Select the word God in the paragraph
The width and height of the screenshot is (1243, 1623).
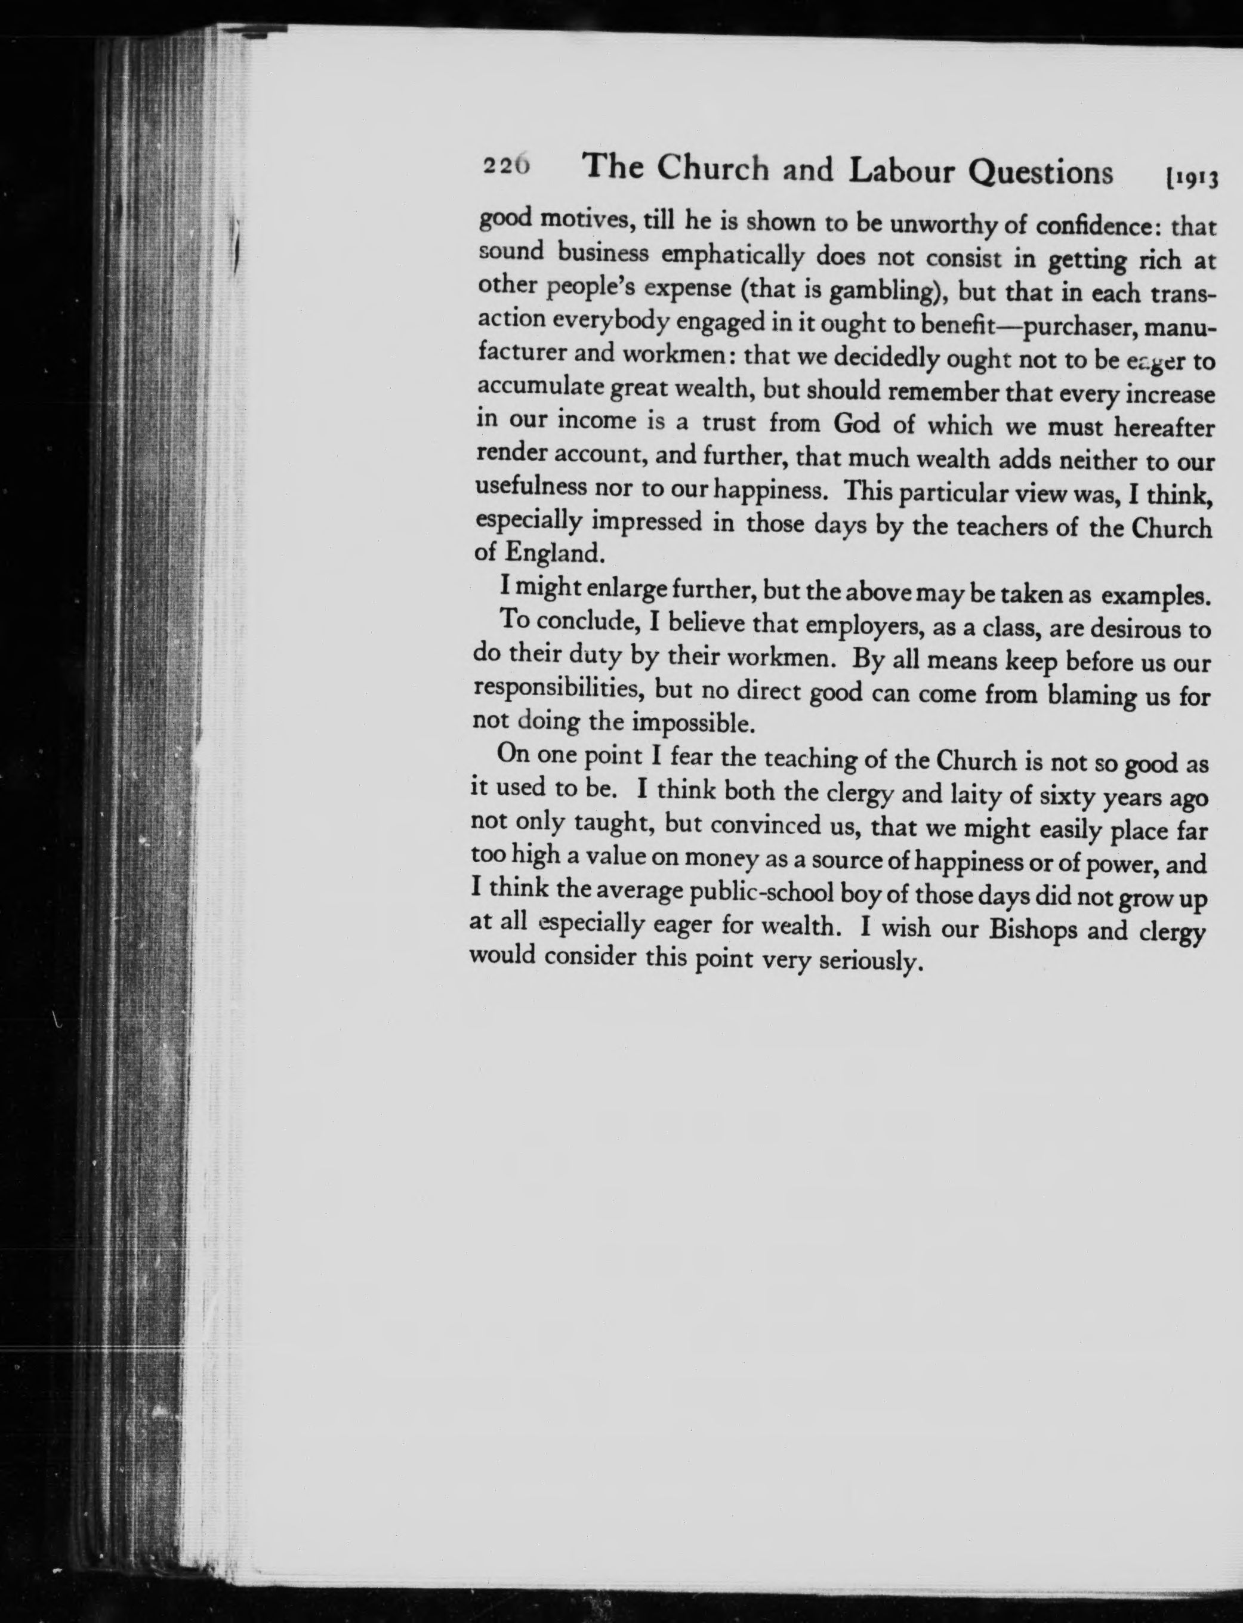click(x=856, y=424)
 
